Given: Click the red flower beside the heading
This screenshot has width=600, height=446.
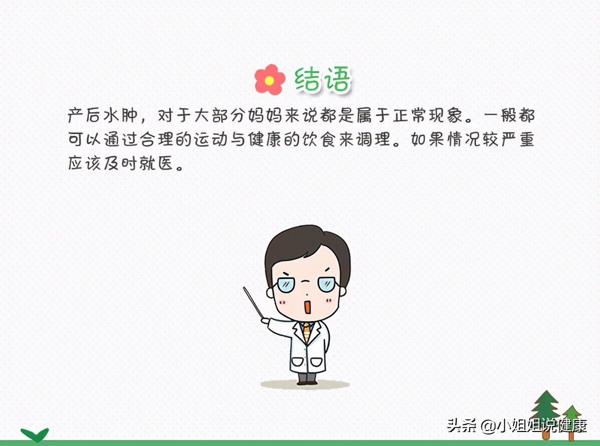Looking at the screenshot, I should tap(269, 80).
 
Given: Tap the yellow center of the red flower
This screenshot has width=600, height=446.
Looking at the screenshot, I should tap(269, 80).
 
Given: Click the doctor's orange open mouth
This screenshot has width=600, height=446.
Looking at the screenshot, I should tap(307, 306).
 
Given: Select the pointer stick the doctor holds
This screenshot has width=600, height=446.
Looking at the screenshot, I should tap(253, 302).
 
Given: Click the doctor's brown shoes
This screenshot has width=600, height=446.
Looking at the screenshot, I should tap(307, 382).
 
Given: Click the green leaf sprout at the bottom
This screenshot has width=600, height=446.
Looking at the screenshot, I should tap(35, 434).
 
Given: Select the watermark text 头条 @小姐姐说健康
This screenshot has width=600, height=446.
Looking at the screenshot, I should tap(517, 426).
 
